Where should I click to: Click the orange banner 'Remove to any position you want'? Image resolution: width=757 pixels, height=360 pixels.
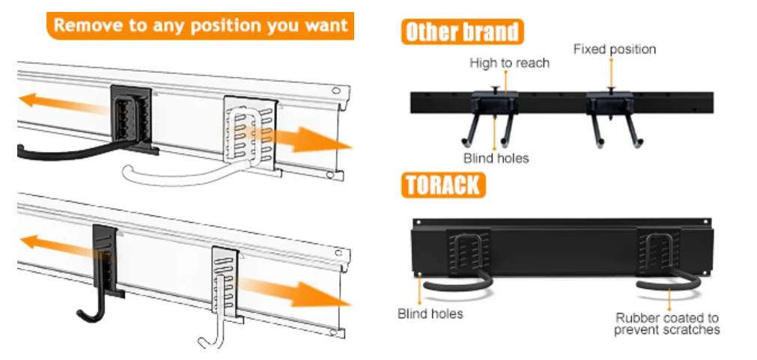pyautogui.click(x=200, y=25)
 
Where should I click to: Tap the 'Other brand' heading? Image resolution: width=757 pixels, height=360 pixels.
pyautogui.click(x=462, y=32)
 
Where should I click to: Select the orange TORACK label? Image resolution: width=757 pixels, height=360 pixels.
pyautogui.click(x=443, y=184)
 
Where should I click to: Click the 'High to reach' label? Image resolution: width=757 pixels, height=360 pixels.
pyautogui.click(x=509, y=63)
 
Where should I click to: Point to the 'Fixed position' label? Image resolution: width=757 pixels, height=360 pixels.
pyautogui.click(x=614, y=49)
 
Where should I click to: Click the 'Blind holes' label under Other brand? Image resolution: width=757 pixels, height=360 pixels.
pyautogui.click(x=496, y=158)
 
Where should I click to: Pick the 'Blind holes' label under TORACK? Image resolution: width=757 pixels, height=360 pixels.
pyautogui.click(x=430, y=314)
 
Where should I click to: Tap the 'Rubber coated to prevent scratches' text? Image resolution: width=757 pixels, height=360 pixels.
pyautogui.click(x=666, y=323)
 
